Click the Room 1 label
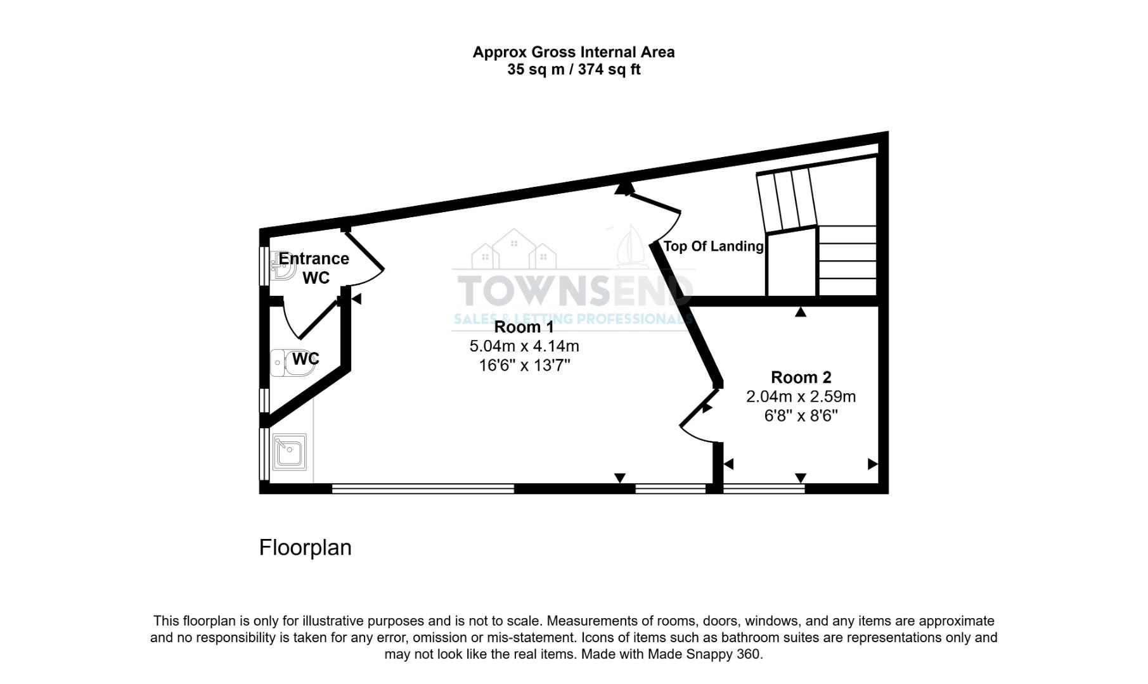pyautogui.click(x=524, y=327)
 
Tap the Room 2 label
pyautogui.click(x=801, y=377)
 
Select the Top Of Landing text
pyautogui.click(x=713, y=246)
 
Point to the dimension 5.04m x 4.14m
pyautogui.click(x=524, y=346)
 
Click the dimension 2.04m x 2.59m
pyautogui.click(x=801, y=397)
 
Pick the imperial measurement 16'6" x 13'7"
pyautogui.click(x=524, y=365)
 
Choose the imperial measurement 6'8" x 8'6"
pyautogui.click(x=801, y=416)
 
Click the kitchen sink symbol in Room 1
pyautogui.click(x=290, y=452)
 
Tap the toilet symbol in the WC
pyautogui.click(x=290, y=362)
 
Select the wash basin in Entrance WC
pyautogui.click(x=283, y=266)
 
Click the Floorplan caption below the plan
pyautogui.click(x=305, y=548)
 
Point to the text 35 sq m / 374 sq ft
pyautogui.click(x=573, y=70)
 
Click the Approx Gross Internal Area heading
pyautogui.click(x=573, y=52)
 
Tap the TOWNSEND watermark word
pyautogui.click(x=574, y=291)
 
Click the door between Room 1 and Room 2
pyautogui.click(x=700, y=415)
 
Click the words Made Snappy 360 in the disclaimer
pyautogui.click(x=704, y=654)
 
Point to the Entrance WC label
pyautogui.click(x=314, y=268)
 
